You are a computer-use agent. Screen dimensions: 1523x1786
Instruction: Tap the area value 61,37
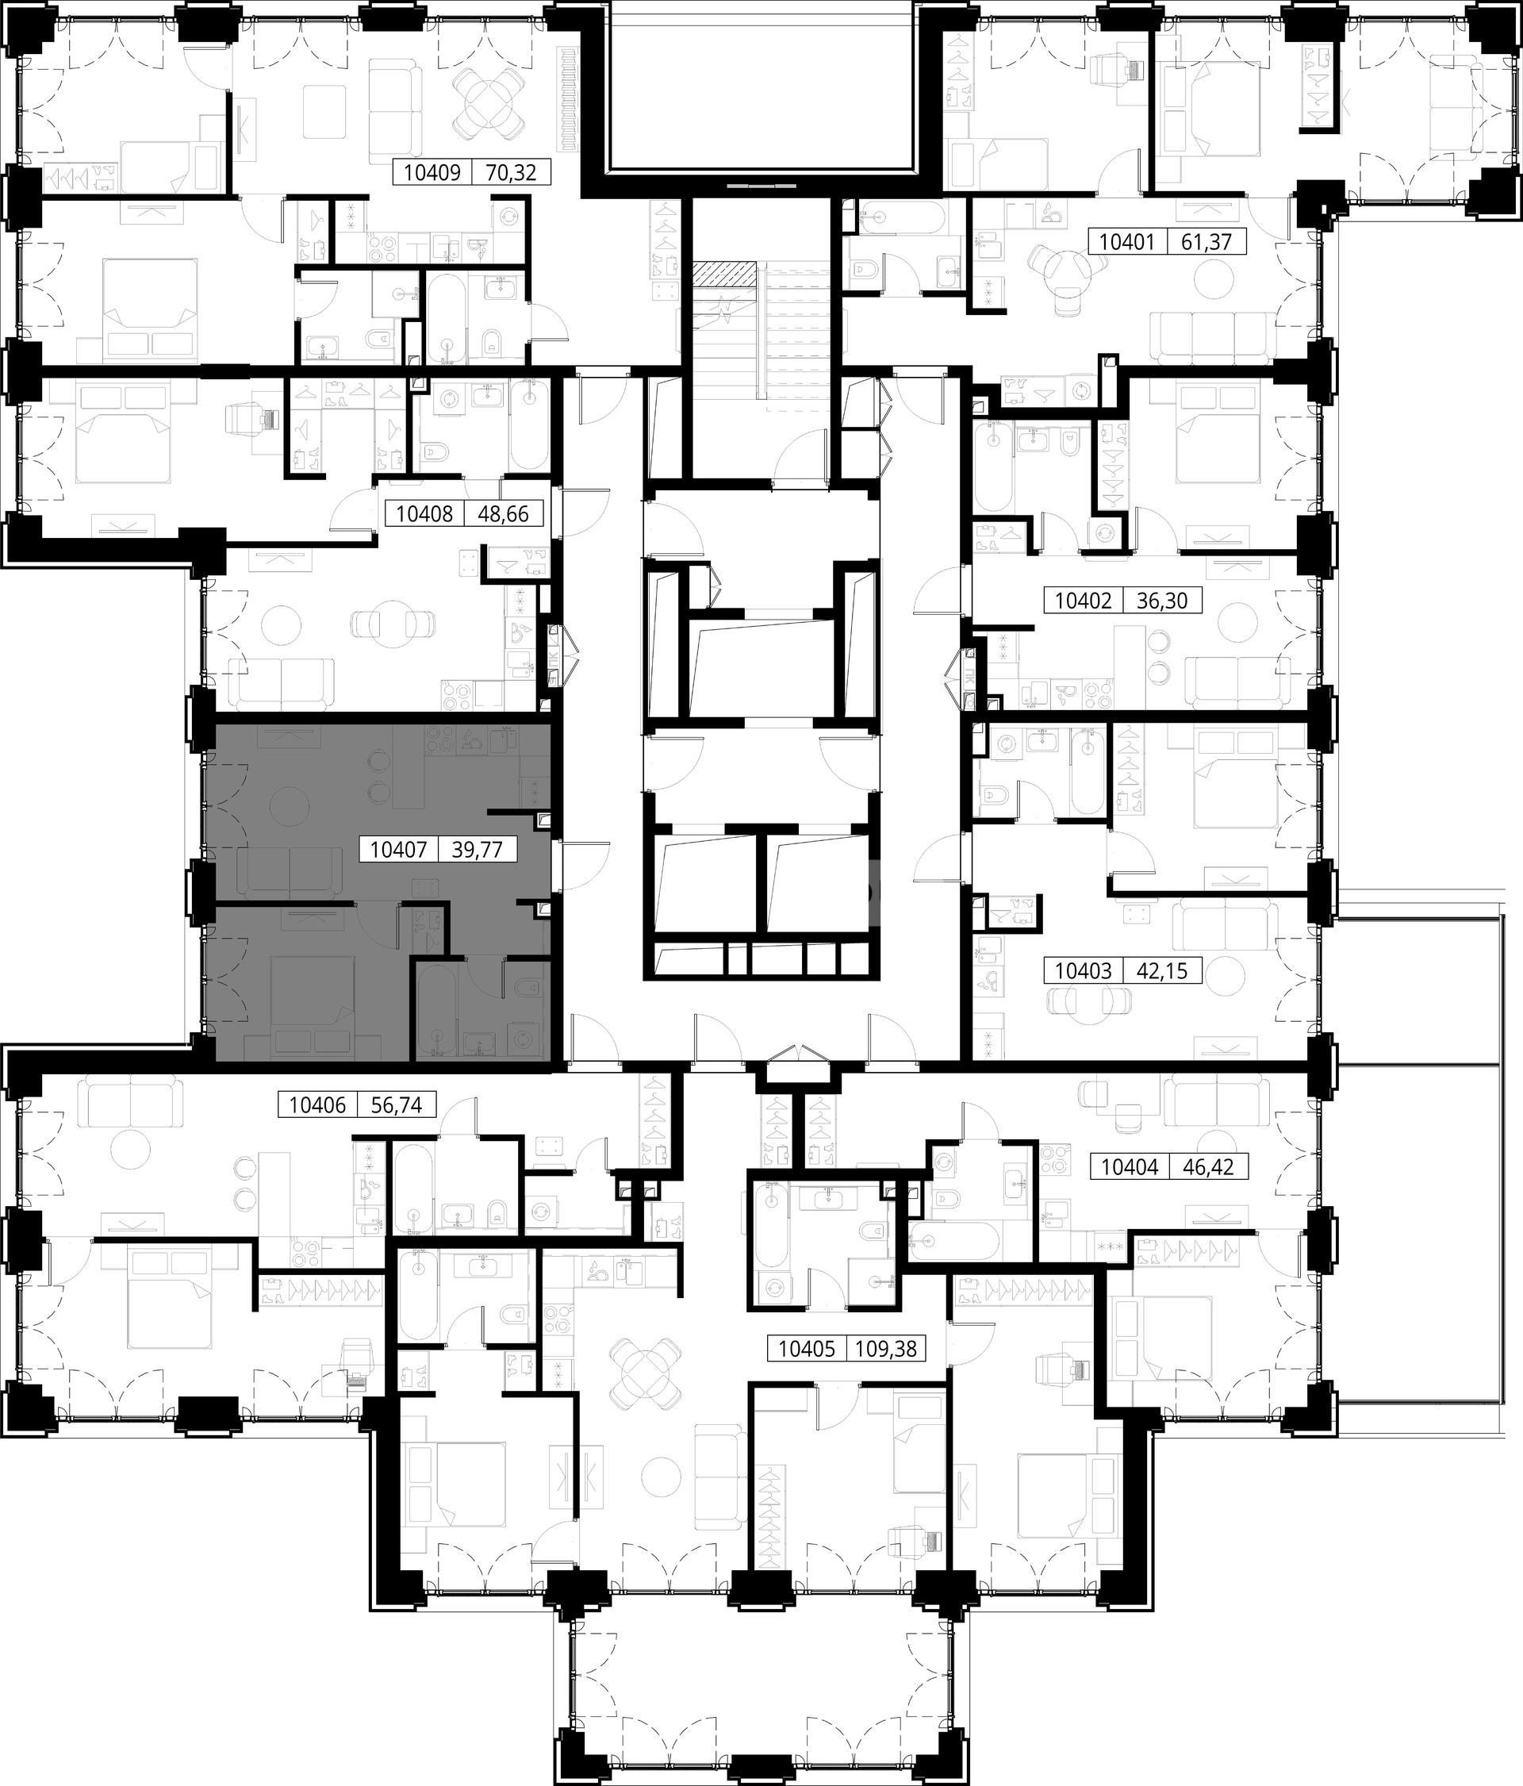[x=1207, y=242]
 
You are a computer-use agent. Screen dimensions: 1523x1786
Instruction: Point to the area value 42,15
[x=1162, y=971]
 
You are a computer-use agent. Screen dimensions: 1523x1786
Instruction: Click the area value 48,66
[x=502, y=515]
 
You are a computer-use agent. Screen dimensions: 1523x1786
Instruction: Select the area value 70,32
[x=511, y=173]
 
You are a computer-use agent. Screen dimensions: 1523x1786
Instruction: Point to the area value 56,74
[x=397, y=1105]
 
